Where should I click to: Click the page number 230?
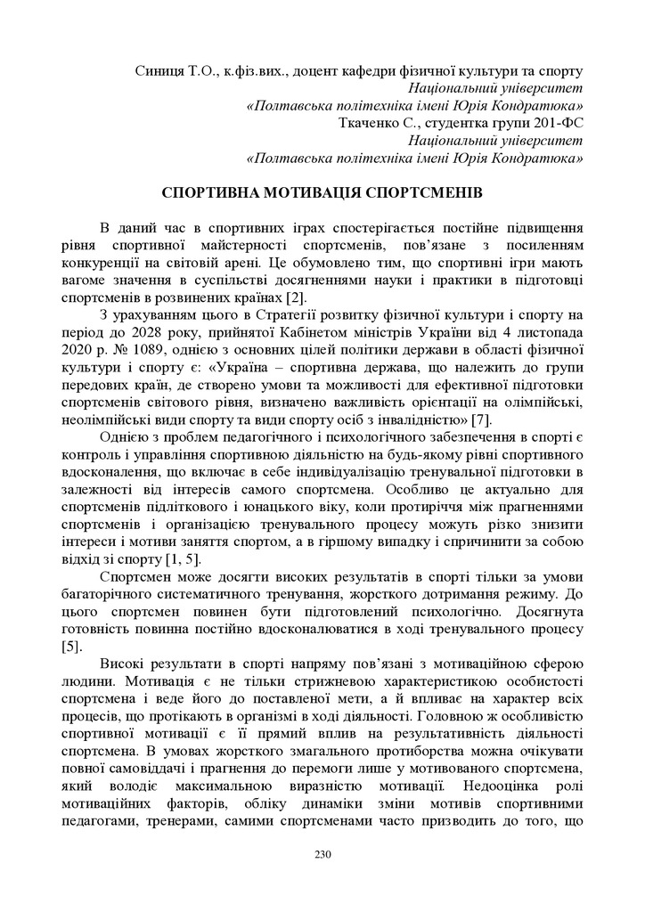coord(322,855)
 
